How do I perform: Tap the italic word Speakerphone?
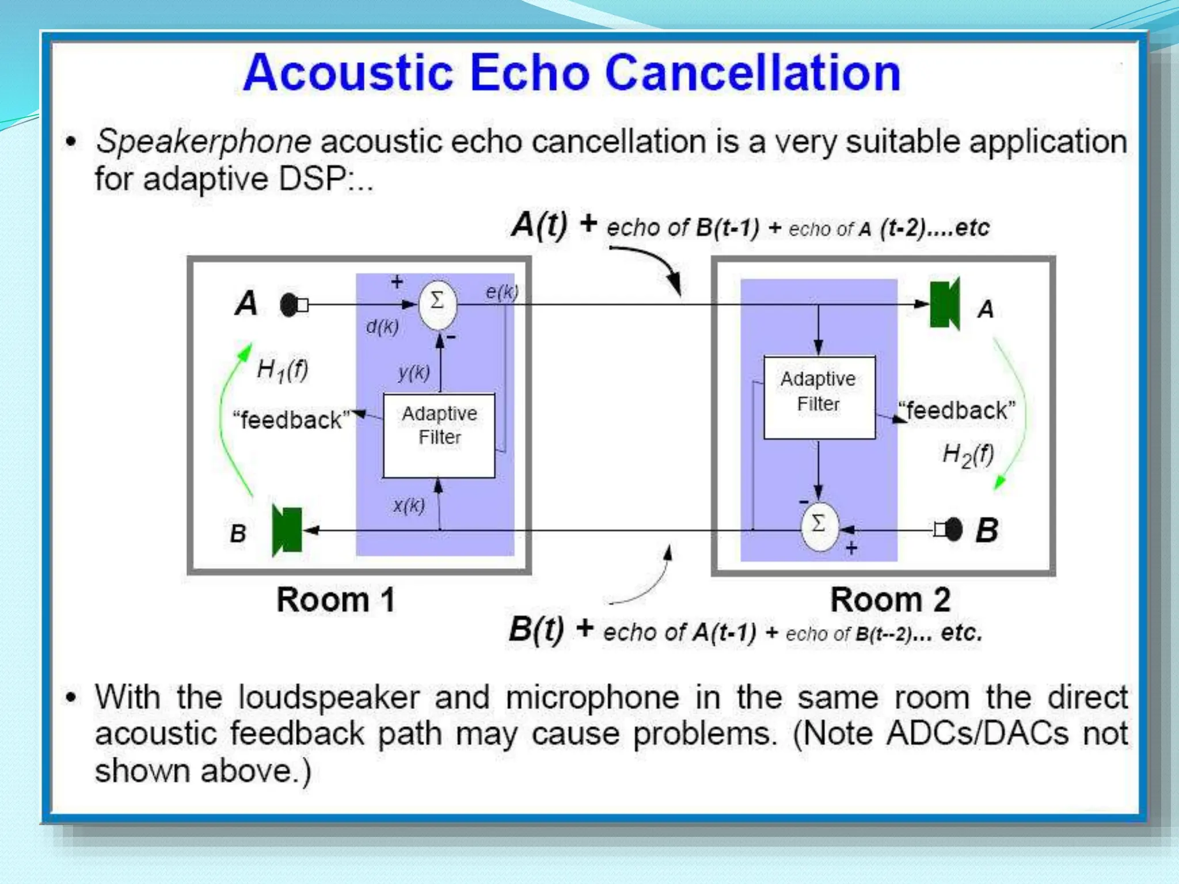[x=203, y=142]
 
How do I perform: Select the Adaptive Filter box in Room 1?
[x=439, y=436]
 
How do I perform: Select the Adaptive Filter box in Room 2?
[x=819, y=398]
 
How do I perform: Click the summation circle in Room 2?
[x=819, y=525]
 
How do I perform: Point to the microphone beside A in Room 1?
[x=291, y=304]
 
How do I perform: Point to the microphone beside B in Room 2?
[x=952, y=529]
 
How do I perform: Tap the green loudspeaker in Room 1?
[x=287, y=531]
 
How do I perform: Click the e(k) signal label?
[x=501, y=292]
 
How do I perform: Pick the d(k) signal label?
[x=382, y=327]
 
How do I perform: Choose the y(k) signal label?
[x=413, y=373]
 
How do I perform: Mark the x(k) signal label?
[x=409, y=505]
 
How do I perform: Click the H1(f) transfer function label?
[x=282, y=369]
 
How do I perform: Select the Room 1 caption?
[x=336, y=600]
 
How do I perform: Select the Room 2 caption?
[x=890, y=600]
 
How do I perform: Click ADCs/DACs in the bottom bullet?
[x=977, y=734]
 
